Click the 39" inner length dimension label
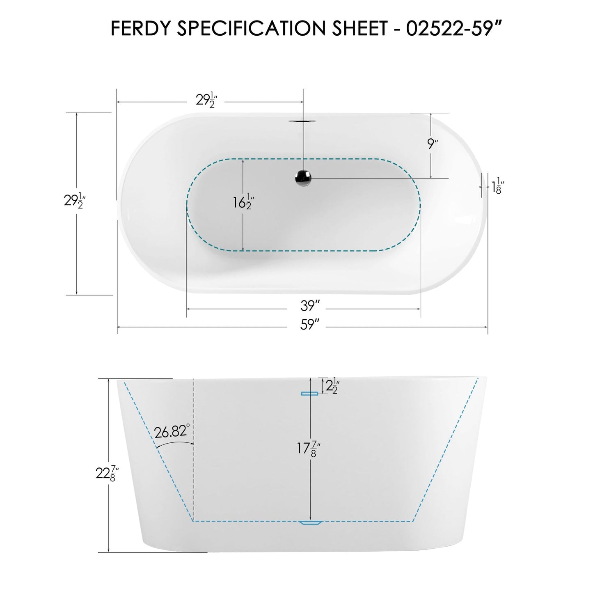tap(310, 306)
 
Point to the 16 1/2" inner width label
tap(244, 202)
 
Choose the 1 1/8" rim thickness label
tap(497, 186)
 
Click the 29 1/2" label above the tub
tap(206, 100)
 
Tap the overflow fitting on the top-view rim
tap(303, 121)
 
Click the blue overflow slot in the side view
tap(310, 394)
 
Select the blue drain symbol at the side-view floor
tap(311, 522)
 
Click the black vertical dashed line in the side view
tap(193, 451)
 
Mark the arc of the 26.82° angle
tap(174, 443)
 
